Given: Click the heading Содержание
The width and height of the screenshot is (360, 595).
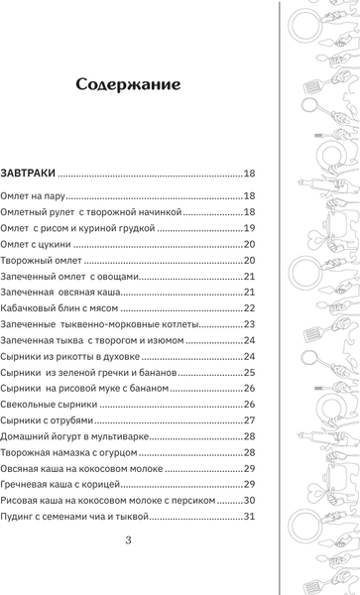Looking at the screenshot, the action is (130, 85).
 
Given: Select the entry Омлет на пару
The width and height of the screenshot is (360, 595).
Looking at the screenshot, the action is (33, 195).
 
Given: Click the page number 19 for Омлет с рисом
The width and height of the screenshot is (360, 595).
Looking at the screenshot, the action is (250, 228).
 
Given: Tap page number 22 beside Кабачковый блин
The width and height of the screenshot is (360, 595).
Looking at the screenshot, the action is (250, 308).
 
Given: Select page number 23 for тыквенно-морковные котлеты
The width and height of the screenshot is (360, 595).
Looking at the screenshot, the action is (250, 324).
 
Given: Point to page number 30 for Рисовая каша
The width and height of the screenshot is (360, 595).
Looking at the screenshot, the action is (250, 501).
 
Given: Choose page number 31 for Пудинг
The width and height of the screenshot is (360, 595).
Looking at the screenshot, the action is (250, 517).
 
